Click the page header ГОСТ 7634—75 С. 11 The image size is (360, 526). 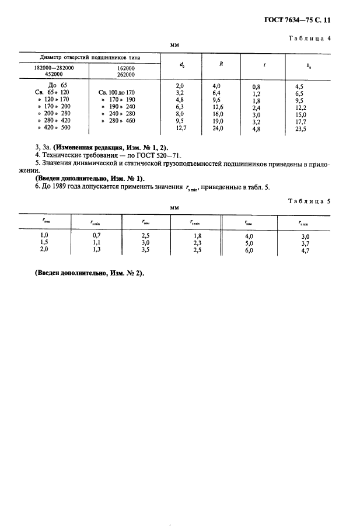[298, 19]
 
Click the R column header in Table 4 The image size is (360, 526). [220, 64]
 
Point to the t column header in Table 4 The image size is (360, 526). [265, 65]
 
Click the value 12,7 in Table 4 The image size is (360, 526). [180, 127]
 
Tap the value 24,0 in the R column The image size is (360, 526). [217, 127]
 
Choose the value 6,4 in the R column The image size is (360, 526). [216, 92]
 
